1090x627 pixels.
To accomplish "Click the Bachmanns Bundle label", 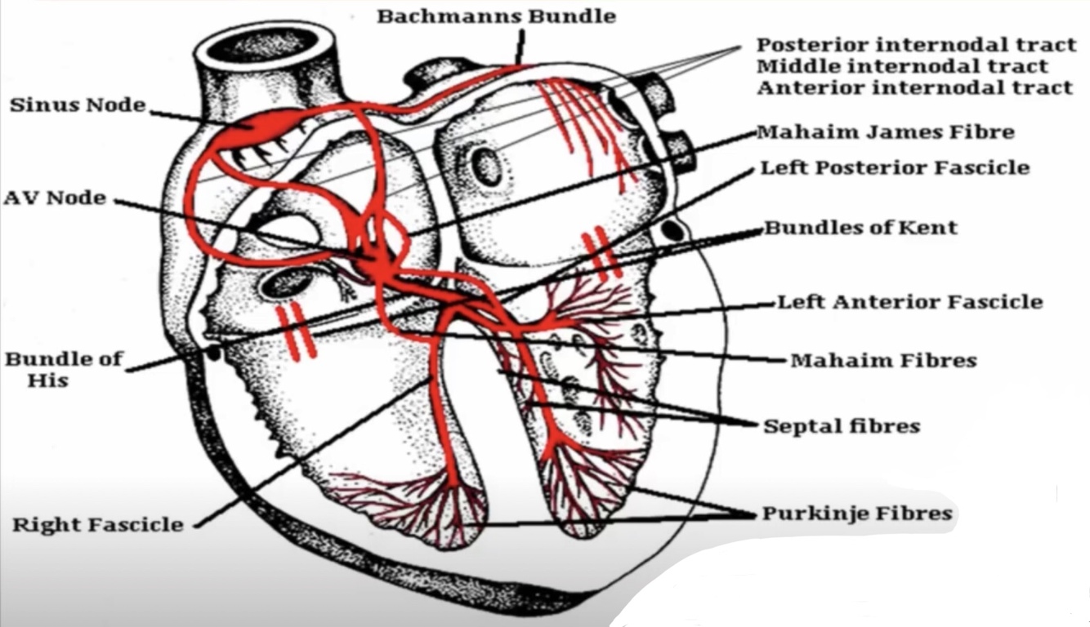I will tap(496, 16).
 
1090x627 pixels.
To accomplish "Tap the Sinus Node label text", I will tap(78, 105).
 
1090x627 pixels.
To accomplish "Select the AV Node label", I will tap(56, 198).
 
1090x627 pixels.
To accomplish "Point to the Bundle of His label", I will tap(63, 369).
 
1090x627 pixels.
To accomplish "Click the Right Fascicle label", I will tap(97, 524).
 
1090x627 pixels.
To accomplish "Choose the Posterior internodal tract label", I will tap(913, 45).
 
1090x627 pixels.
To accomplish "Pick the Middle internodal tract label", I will tap(901, 66).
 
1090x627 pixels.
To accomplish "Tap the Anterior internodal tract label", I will tap(914, 87).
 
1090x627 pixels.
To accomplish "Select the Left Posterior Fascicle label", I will tap(895, 168).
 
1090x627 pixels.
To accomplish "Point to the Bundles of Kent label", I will tap(860, 227).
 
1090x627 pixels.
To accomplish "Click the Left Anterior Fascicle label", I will tap(909, 302).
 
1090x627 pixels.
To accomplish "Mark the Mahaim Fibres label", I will tap(883, 360).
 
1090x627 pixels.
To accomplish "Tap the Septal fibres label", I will tap(842, 426).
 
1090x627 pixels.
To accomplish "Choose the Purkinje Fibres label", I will tap(857, 514).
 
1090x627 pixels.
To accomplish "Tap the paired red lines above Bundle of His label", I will tap(298, 331).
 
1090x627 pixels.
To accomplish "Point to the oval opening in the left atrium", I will tap(488, 167).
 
